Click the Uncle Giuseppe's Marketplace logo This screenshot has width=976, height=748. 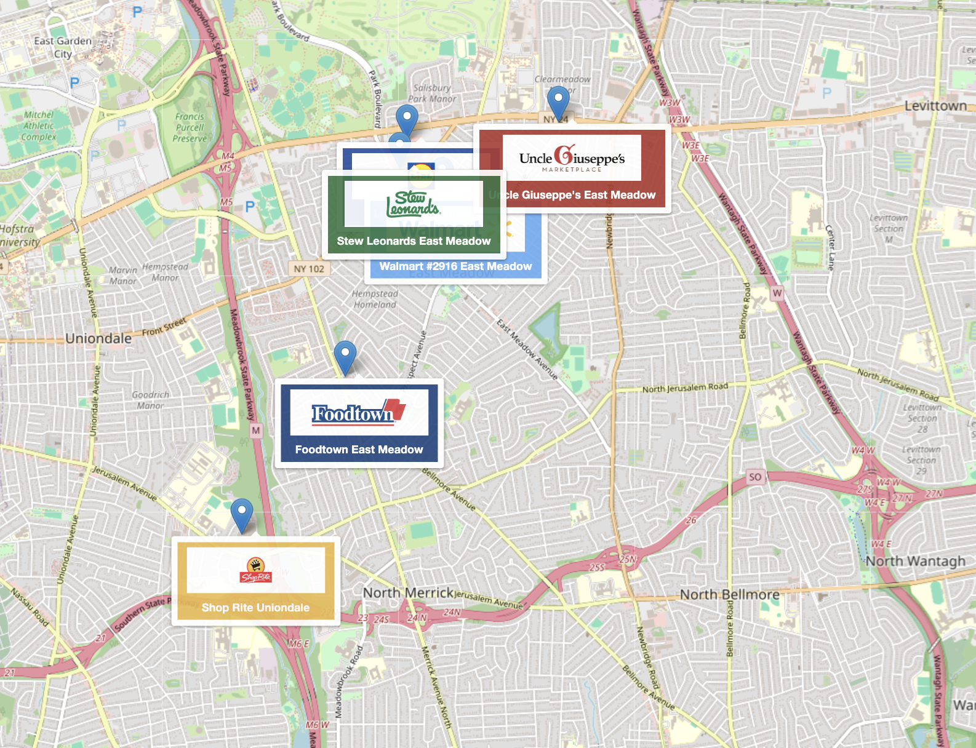572,159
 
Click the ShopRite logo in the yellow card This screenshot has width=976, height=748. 255,570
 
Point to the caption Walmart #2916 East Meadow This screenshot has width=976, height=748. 455,266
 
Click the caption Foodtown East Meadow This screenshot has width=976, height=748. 359,450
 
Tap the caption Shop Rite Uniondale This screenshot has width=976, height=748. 255,608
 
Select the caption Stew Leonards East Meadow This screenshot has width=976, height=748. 414,241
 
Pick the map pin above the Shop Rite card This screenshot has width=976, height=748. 242,514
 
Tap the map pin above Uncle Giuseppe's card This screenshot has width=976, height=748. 558,101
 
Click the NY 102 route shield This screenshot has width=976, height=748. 309,269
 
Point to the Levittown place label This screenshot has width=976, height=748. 935,106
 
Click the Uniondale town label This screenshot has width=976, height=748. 98,338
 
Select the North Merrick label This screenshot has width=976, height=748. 408,592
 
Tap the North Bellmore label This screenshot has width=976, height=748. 729,594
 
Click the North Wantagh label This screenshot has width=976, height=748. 916,561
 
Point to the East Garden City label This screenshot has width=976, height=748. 63,47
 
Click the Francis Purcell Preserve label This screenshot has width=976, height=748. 190,127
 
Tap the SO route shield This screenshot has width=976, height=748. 755,477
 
